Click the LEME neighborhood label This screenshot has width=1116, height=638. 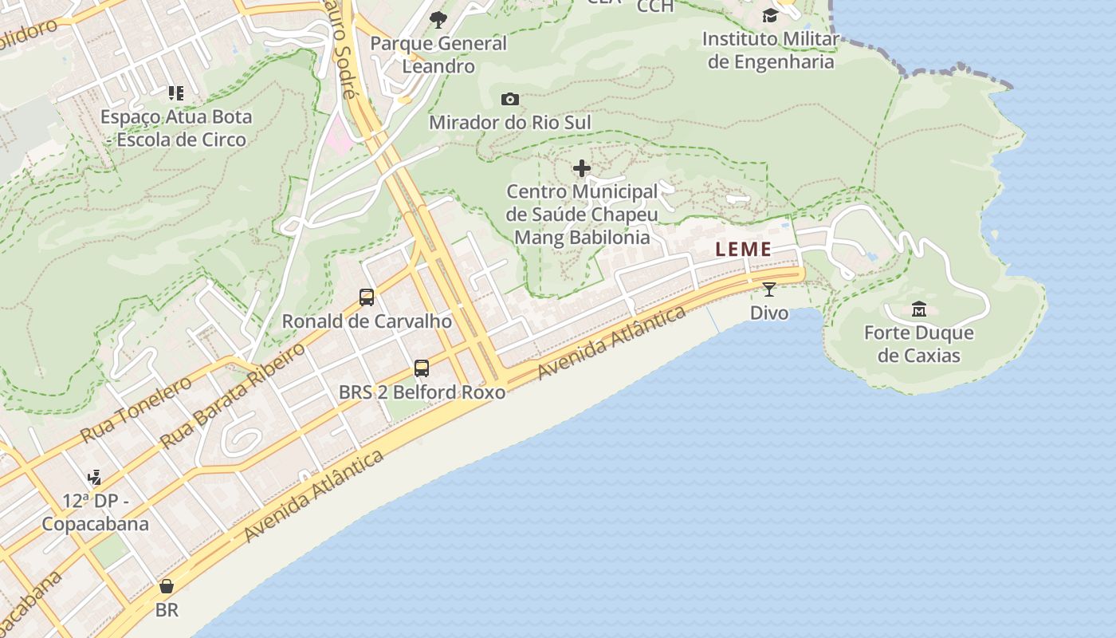[743, 249]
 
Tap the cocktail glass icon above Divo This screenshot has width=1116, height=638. [768, 289]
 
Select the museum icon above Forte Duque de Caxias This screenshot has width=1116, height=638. [919, 309]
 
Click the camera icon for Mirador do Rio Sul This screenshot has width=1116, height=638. [510, 100]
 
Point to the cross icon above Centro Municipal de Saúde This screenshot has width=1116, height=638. [582, 168]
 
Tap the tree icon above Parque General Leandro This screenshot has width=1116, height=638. [438, 20]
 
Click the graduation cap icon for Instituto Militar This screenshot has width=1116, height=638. [769, 15]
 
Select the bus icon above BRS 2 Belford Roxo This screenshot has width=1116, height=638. [422, 368]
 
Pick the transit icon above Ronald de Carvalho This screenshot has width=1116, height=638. [367, 297]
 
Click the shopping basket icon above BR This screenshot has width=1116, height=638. [167, 587]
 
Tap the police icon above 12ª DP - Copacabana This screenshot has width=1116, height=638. [95, 478]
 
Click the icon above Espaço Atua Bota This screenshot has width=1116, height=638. [176, 93]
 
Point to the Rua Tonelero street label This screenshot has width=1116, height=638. [136, 409]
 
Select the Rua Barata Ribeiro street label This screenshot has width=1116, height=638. [233, 396]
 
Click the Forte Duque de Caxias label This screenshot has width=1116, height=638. [919, 344]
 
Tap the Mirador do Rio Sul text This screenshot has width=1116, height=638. [510, 122]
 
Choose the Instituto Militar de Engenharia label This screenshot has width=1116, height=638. [770, 49]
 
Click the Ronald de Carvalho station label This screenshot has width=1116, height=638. [367, 321]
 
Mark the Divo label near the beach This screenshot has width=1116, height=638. [769, 313]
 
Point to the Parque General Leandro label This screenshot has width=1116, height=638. [438, 54]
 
